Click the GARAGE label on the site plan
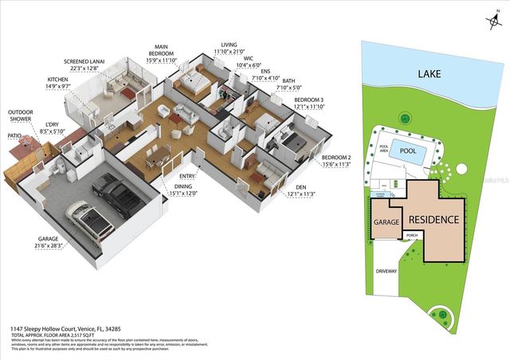tap(386, 224)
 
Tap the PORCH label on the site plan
tap(412, 236)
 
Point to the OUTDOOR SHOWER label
tap(22, 116)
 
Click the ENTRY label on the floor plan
tap(187, 176)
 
